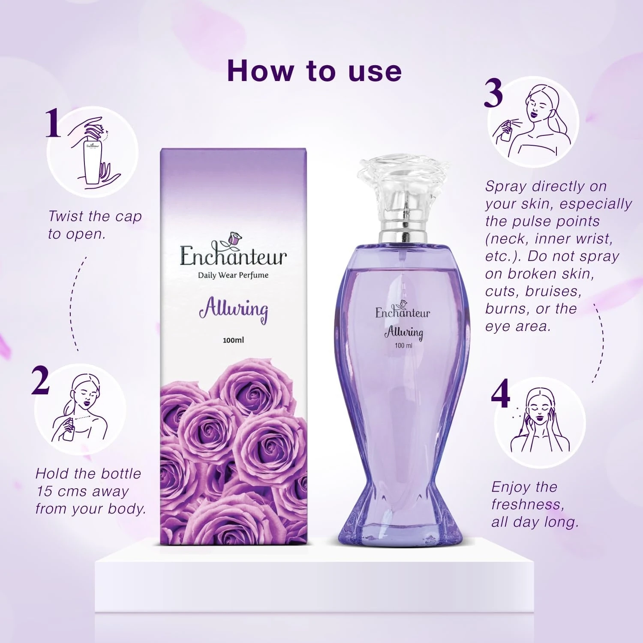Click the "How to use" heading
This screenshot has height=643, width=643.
point(314,71)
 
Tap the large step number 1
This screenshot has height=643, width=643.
point(53,123)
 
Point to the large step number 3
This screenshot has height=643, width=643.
point(493,94)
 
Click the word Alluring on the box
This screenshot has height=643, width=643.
point(234,309)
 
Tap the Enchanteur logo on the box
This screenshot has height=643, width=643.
point(233,251)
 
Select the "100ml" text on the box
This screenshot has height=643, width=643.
point(234,340)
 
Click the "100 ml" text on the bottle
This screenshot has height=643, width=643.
point(403,346)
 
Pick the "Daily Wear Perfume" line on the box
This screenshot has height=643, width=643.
point(233,275)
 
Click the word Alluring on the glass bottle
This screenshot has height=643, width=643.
point(404,333)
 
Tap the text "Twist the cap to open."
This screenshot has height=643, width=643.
point(95,225)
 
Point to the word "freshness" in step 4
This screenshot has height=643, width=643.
point(528,505)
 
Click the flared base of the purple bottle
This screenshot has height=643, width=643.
point(403,521)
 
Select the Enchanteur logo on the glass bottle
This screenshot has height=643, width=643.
point(403,309)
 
